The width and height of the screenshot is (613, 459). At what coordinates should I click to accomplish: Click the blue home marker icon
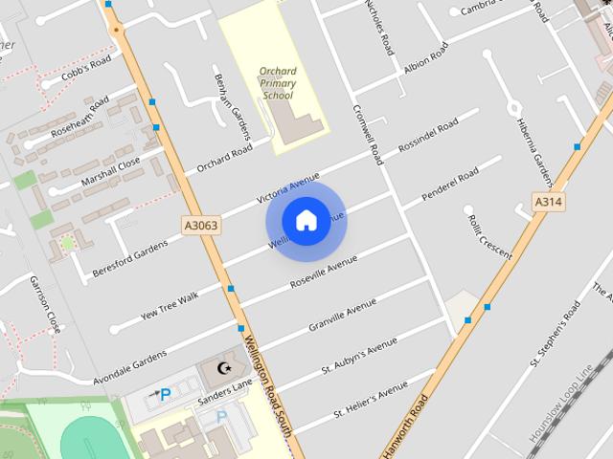tap(306, 221)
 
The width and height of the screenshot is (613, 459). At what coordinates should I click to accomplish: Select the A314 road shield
tap(548, 203)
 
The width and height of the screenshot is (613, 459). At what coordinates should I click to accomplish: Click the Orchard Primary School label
tap(278, 83)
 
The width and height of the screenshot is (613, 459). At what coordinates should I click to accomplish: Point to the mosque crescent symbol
tap(226, 368)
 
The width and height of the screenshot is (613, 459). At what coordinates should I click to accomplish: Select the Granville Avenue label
tap(342, 315)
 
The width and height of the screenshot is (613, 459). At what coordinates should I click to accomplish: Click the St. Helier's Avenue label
tap(371, 400)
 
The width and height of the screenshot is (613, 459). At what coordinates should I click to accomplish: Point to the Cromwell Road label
tap(368, 135)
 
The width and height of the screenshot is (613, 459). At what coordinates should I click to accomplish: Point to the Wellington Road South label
tap(265, 383)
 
